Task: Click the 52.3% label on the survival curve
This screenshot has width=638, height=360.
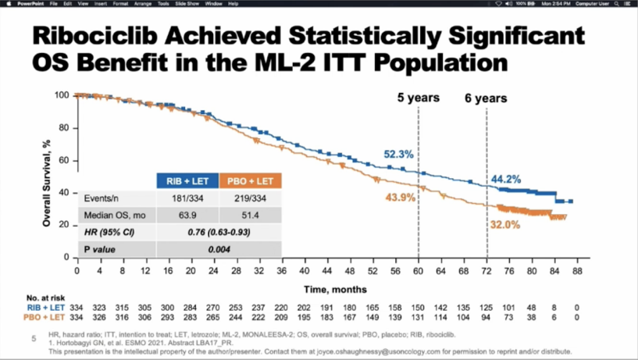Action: click(397, 155)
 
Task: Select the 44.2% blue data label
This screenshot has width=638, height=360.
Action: click(506, 180)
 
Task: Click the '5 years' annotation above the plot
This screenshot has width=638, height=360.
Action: click(418, 98)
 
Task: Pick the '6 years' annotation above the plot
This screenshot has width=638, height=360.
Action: click(486, 98)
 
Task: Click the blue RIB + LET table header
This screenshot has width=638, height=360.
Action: click(187, 180)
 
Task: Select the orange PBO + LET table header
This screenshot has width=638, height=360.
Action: click(250, 180)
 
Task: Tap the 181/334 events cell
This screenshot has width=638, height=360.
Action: click(187, 199)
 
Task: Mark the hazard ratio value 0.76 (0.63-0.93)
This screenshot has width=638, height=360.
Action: click(219, 232)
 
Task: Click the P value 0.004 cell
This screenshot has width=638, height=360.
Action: click(219, 248)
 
